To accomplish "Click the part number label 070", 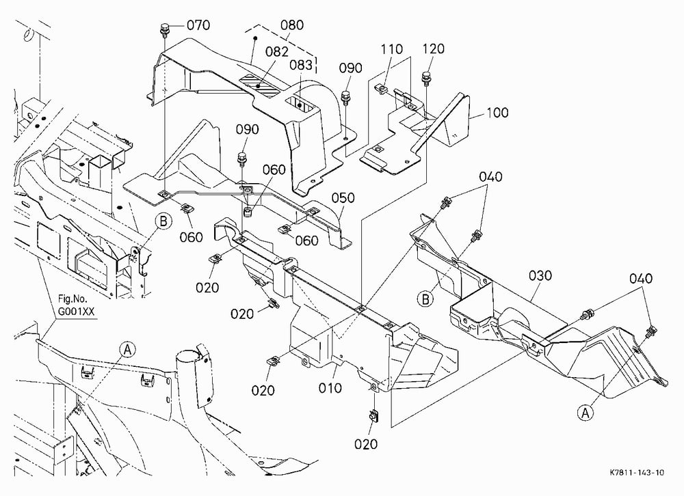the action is point(198,25).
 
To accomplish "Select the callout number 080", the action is point(292,25).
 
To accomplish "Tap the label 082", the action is point(276,51).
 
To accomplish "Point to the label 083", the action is point(301,65).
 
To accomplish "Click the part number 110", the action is point(391,49).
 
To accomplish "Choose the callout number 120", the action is point(433,49).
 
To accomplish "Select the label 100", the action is point(497,113).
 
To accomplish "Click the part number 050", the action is point(343,198).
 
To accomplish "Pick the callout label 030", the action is point(540,275).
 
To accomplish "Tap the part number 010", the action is point(330,387).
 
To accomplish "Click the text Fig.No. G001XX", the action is point(76,305).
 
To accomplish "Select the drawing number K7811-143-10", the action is point(637,473).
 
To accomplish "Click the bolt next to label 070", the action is point(164,29).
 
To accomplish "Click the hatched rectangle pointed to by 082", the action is point(261,85).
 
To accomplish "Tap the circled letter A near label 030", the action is point(586,413).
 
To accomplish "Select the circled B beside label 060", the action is point(163,221).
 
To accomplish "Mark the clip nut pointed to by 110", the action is point(382,89).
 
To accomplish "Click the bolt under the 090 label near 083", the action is point(345,98).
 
